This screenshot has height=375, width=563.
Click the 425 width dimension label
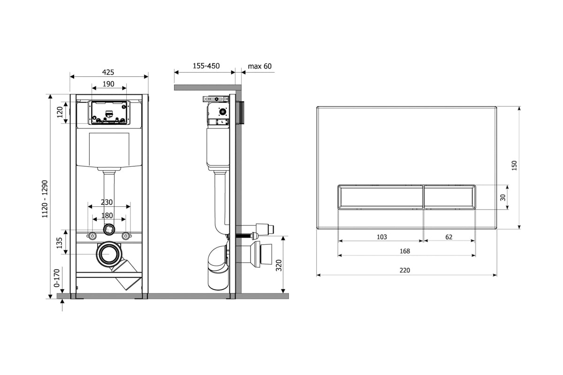[x=108, y=72]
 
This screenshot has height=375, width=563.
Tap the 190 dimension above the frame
[x=108, y=84]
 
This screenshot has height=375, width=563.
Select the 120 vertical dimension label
[x=60, y=112]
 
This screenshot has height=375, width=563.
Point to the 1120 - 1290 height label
[x=45, y=199]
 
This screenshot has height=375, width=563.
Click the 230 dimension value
[x=107, y=202]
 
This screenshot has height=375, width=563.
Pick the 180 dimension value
[x=107, y=216]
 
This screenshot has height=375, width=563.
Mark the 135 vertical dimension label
[x=59, y=243]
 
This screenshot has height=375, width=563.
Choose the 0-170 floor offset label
[x=57, y=278]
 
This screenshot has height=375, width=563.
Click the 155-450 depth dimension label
[x=206, y=66]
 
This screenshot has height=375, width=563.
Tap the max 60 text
[x=259, y=66]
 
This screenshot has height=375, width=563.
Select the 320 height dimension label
[x=279, y=265]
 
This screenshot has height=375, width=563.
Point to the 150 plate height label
[x=514, y=165]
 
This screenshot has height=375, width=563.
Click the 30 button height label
[x=503, y=197]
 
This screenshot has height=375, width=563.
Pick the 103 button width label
[x=382, y=237]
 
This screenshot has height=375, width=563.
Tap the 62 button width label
[x=449, y=237]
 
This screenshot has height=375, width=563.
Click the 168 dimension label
[x=404, y=251]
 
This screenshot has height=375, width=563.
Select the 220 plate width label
[x=404, y=270]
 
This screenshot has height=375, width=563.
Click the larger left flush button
[x=380, y=197]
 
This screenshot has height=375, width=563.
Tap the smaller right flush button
[x=450, y=197]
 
